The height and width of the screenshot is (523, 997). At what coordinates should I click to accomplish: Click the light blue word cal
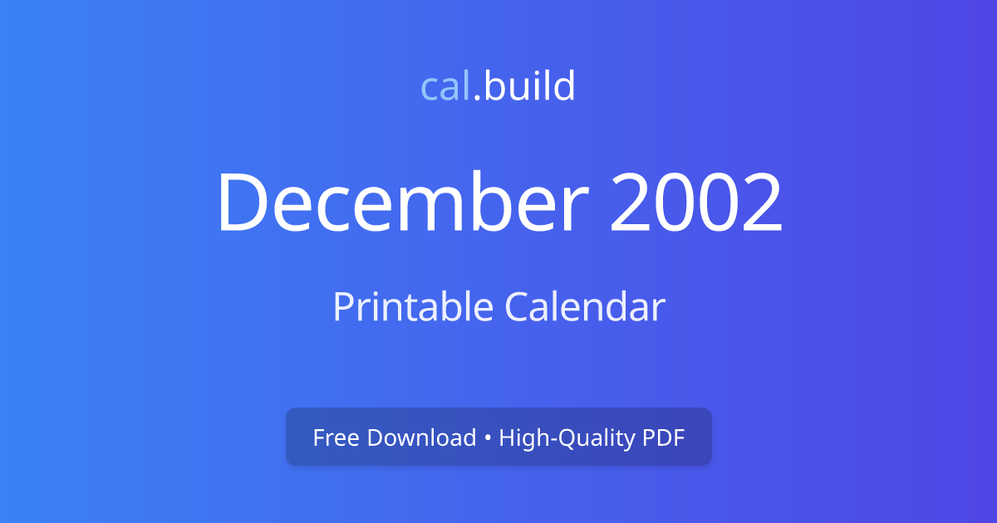[446, 86]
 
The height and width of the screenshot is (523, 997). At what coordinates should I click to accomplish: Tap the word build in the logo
[529, 86]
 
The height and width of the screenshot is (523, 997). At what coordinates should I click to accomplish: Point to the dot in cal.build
[478, 99]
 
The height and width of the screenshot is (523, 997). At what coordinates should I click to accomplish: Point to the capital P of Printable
[341, 307]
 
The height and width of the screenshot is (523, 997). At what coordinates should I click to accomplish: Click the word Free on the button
[336, 437]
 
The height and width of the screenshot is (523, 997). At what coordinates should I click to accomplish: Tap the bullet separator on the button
[488, 438]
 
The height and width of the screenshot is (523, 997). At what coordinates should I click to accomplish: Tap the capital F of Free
[318, 437]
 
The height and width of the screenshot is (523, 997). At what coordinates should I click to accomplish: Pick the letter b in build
[493, 86]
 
